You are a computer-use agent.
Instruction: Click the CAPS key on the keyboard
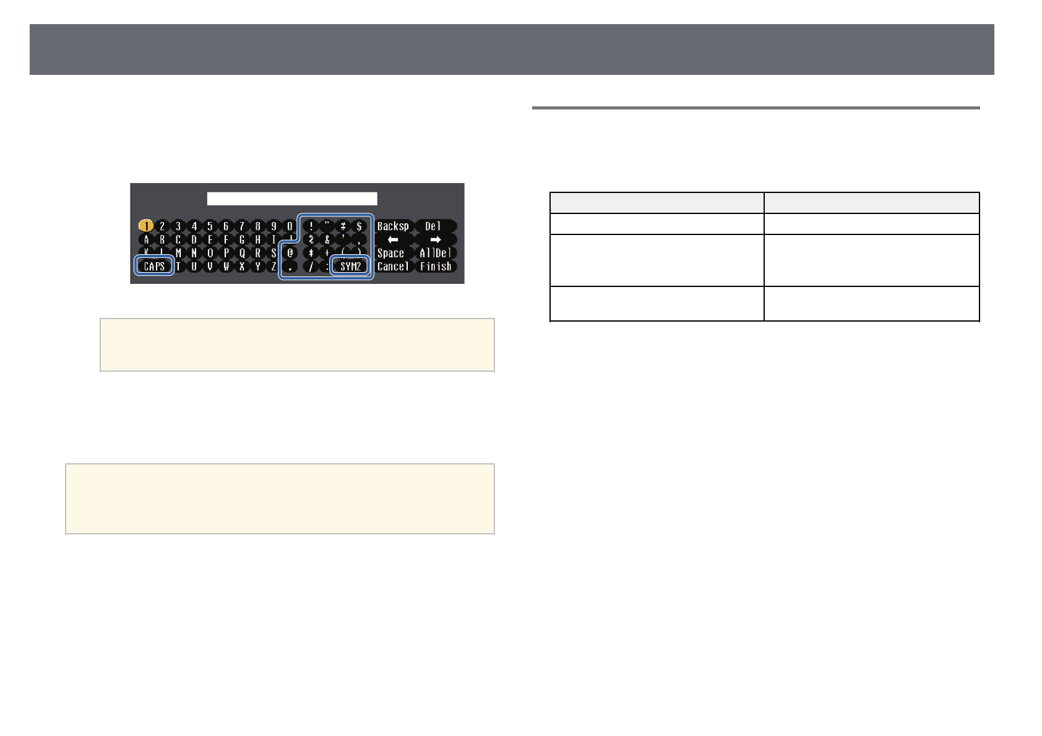[153, 267]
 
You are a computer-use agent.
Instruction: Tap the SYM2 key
[351, 267]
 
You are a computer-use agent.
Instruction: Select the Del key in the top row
[433, 226]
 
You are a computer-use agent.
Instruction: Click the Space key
[391, 253]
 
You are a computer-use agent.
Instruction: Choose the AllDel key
[435, 253]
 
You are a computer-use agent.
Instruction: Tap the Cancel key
[393, 267]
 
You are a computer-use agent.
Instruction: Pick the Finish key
[436, 267]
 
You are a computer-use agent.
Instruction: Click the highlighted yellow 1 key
[146, 226]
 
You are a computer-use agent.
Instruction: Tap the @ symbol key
[290, 253]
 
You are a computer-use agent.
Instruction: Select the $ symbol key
[359, 226]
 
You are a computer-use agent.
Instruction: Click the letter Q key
[242, 253]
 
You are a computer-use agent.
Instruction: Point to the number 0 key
[290, 226]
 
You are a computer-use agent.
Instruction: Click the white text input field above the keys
[292, 198]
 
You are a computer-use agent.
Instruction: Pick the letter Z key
[273, 267]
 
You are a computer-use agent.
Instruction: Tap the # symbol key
[343, 226]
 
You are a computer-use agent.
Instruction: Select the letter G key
[242, 239]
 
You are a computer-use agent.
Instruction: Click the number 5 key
[210, 226]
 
